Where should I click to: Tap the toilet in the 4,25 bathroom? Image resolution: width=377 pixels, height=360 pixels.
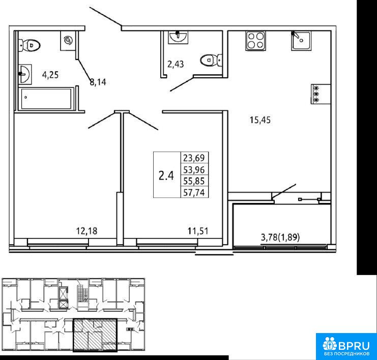point(30,45)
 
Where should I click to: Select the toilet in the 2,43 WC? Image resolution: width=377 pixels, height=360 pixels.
point(211,60)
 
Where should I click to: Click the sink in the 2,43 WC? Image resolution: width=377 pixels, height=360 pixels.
point(178,37)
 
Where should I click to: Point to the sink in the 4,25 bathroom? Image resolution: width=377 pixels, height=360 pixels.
point(25,74)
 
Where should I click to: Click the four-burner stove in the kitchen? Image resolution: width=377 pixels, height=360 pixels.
point(255,41)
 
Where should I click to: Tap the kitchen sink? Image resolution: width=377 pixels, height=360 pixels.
point(301,41)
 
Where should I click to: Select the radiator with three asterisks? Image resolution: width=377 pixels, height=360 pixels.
point(321,94)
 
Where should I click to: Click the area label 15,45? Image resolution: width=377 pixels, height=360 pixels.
point(260,119)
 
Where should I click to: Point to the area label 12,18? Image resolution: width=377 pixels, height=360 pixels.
point(86,231)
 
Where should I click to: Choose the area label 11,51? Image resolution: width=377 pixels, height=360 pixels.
point(198,231)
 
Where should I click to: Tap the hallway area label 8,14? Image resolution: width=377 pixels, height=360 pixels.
point(98,82)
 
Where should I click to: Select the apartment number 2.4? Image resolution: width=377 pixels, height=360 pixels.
point(166,175)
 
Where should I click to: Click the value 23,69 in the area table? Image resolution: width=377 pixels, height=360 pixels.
point(194,158)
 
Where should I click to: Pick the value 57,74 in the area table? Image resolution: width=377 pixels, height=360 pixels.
point(194,193)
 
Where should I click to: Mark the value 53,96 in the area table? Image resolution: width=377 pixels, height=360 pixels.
point(194,170)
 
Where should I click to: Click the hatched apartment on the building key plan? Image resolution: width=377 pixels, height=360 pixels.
point(95,335)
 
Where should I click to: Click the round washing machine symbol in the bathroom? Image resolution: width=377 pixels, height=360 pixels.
point(68,40)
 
